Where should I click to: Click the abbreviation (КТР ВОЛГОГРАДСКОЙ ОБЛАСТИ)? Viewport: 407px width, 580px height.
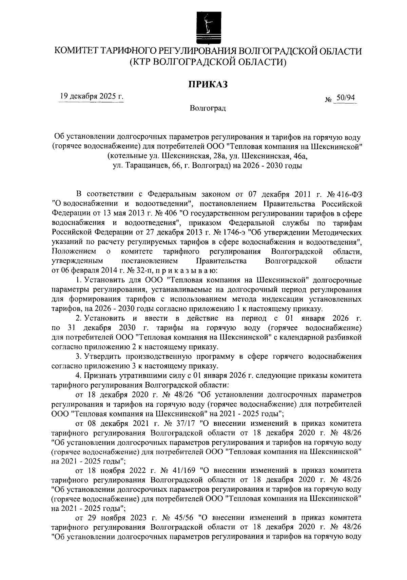(x=208, y=63)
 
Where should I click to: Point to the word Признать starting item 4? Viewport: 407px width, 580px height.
(x=101, y=376)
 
